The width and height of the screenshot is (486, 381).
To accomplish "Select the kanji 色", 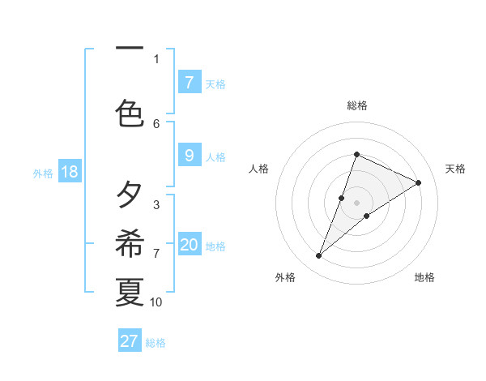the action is click(x=130, y=113).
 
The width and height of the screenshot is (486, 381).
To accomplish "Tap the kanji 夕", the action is click(x=130, y=195).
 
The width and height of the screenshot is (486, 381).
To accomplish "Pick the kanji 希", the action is click(x=130, y=243).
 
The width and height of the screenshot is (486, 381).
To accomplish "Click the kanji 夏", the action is click(x=130, y=292).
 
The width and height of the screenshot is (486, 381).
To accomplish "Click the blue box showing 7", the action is click(x=189, y=83).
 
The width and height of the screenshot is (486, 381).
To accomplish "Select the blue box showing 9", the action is click(x=189, y=156).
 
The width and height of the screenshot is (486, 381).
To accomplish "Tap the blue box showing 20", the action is click(x=189, y=246).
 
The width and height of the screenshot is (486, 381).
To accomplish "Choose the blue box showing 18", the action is click(x=68, y=173).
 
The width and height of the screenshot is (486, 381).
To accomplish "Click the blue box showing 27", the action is click(x=130, y=341).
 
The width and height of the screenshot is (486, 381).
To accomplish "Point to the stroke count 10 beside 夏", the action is click(x=156, y=302).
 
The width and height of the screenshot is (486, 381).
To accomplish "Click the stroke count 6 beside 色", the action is click(x=156, y=123).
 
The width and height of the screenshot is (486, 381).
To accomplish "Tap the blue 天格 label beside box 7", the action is click(x=215, y=83).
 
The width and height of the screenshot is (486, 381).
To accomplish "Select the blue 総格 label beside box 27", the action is click(x=156, y=342).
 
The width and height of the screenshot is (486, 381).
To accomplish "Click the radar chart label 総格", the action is click(x=356, y=105).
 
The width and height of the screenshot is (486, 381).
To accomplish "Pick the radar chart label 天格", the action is click(x=456, y=169).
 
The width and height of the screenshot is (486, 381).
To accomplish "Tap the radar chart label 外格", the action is click(x=285, y=277).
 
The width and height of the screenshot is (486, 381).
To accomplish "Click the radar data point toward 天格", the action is click(x=419, y=182).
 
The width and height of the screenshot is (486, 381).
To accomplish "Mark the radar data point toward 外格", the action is click(x=319, y=256).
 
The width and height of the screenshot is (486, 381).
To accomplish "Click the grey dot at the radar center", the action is click(x=356, y=203).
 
